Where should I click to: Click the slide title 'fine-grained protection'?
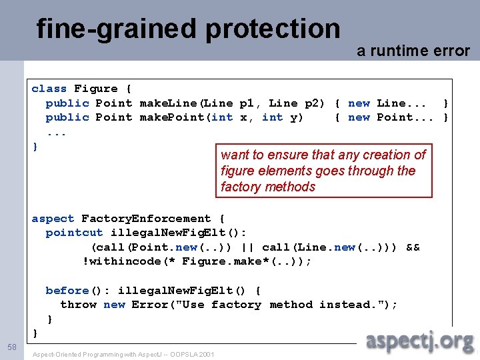(x=188, y=29)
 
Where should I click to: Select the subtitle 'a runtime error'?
(x=413, y=51)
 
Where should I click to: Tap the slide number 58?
(x=12, y=347)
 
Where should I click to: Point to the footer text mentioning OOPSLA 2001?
(x=123, y=354)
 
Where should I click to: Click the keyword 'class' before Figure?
(x=49, y=89)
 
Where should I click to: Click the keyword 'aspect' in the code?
(x=53, y=219)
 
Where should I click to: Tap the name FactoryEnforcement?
(x=146, y=219)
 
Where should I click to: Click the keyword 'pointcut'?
(x=74, y=233)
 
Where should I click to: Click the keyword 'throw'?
(x=78, y=305)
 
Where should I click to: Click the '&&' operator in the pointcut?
(x=413, y=247)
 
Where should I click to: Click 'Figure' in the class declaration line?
(x=95, y=89)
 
